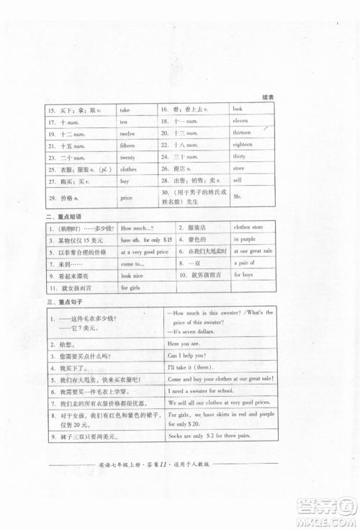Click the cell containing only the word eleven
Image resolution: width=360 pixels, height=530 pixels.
(240, 121)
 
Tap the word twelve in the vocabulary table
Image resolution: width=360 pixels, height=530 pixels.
(127, 133)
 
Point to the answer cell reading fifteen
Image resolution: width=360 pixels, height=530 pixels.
(128, 145)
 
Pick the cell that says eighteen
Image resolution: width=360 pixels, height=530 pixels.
(243, 145)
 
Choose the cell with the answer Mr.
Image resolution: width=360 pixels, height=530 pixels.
(237, 196)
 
